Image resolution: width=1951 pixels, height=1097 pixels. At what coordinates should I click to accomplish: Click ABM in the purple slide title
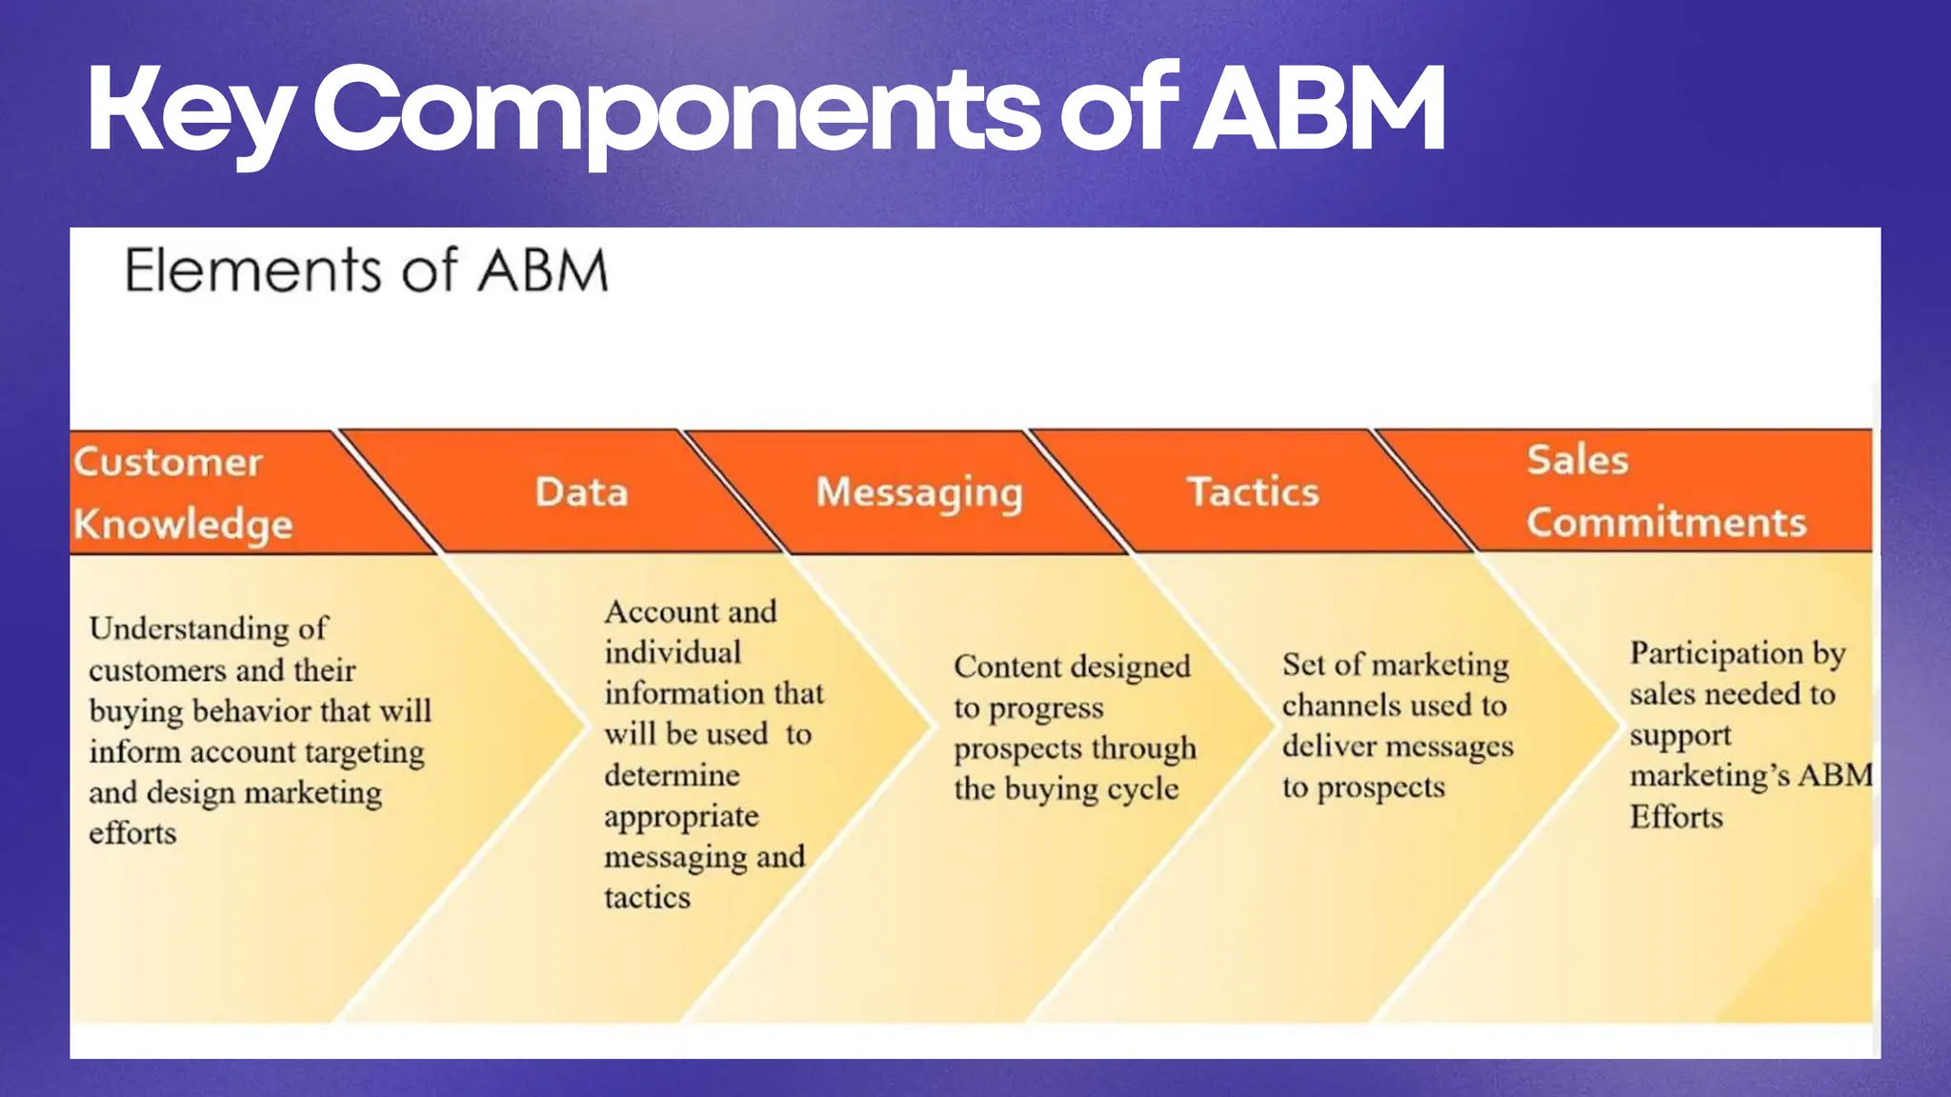1319,110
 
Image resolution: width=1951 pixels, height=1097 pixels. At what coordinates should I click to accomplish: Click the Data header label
581,492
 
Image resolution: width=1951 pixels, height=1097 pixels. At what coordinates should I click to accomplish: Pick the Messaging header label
919,493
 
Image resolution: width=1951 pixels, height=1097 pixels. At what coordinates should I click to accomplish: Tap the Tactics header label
1253,492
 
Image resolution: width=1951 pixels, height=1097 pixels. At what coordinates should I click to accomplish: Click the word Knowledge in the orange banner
183,525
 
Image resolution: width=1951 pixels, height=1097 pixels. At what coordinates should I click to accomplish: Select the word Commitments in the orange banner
1666,522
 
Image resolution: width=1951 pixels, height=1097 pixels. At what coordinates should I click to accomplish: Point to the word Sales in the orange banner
1578,460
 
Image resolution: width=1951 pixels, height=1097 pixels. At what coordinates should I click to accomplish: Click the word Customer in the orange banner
168,462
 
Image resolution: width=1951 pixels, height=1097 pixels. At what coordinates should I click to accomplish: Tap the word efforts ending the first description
132,833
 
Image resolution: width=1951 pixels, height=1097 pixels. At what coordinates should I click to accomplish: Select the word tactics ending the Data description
647,897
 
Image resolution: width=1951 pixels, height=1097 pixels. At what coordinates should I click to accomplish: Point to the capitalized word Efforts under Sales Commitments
1676,817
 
